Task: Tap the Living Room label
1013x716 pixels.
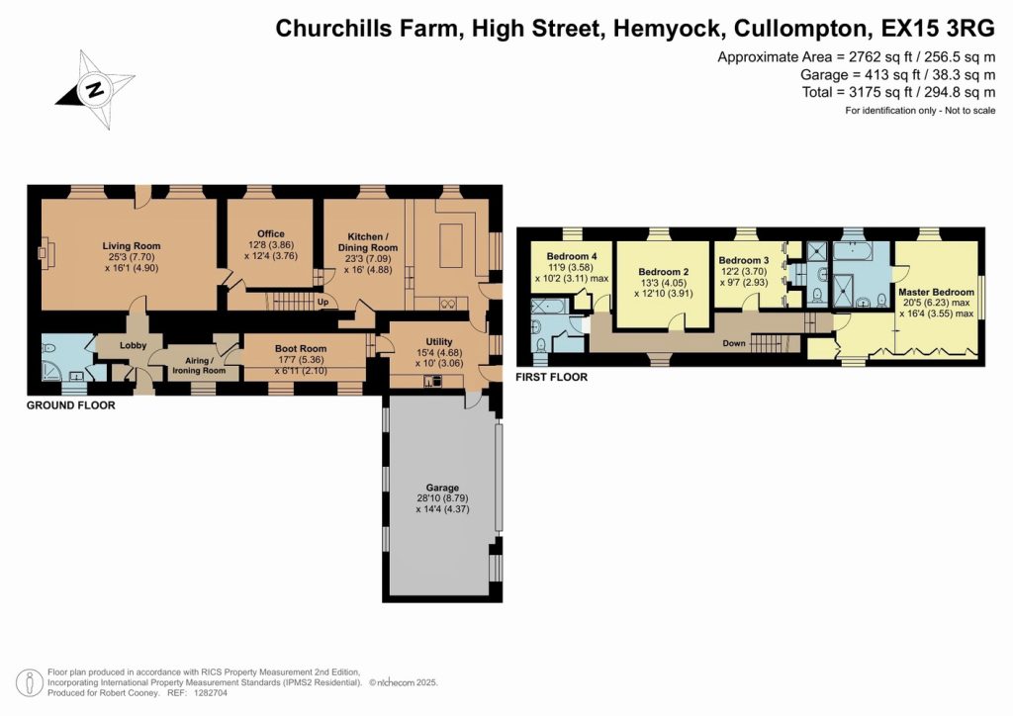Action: coord(132,246)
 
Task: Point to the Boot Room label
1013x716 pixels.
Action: coord(294,348)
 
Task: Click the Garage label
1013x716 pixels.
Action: coord(442,488)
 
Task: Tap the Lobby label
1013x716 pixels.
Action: coord(134,345)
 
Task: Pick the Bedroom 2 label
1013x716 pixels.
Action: coord(663,272)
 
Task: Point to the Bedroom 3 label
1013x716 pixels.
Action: coord(744,260)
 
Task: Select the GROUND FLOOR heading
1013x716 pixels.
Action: coord(71,405)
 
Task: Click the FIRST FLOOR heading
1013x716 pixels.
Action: coord(552,377)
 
